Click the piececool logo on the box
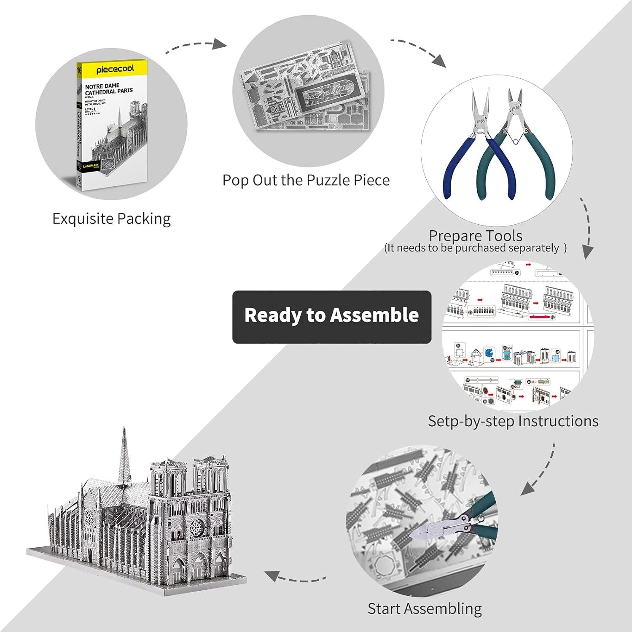click(x=115, y=68)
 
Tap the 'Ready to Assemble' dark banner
click(x=331, y=317)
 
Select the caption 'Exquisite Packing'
click(x=111, y=219)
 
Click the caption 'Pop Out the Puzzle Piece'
click(x=306, y=180)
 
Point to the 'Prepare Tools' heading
click(x=475, y=235)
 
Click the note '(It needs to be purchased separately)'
click(x=475, y=248)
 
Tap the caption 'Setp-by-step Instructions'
click(x=513, y=421)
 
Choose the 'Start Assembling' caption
click(x=424, y=608)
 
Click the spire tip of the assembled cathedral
click(x=124, y=429)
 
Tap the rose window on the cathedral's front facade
click(x=196, y=527)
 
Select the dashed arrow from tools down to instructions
click(x=587, y=228)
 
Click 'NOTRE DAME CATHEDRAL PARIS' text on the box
click(x=108, y=89)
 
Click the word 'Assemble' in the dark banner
click(x=374, y=315)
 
